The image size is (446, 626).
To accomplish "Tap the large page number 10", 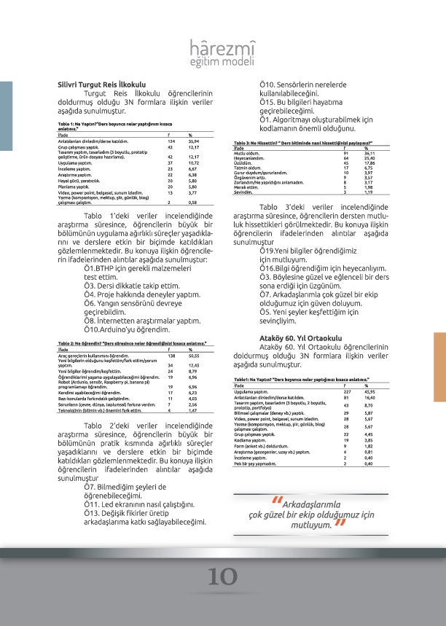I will tap(222, 576).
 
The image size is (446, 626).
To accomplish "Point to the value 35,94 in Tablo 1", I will tap(194, 141).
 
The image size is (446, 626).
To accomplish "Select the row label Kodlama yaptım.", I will tap(251, 441).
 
